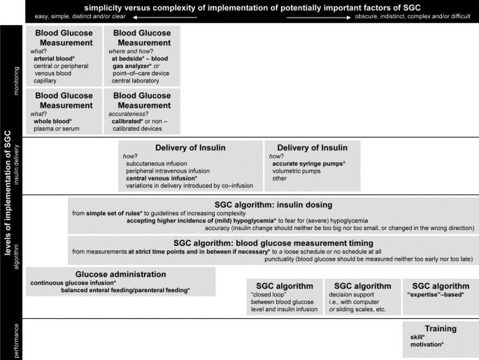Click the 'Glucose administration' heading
point(120,274)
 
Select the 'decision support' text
point(354,296)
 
